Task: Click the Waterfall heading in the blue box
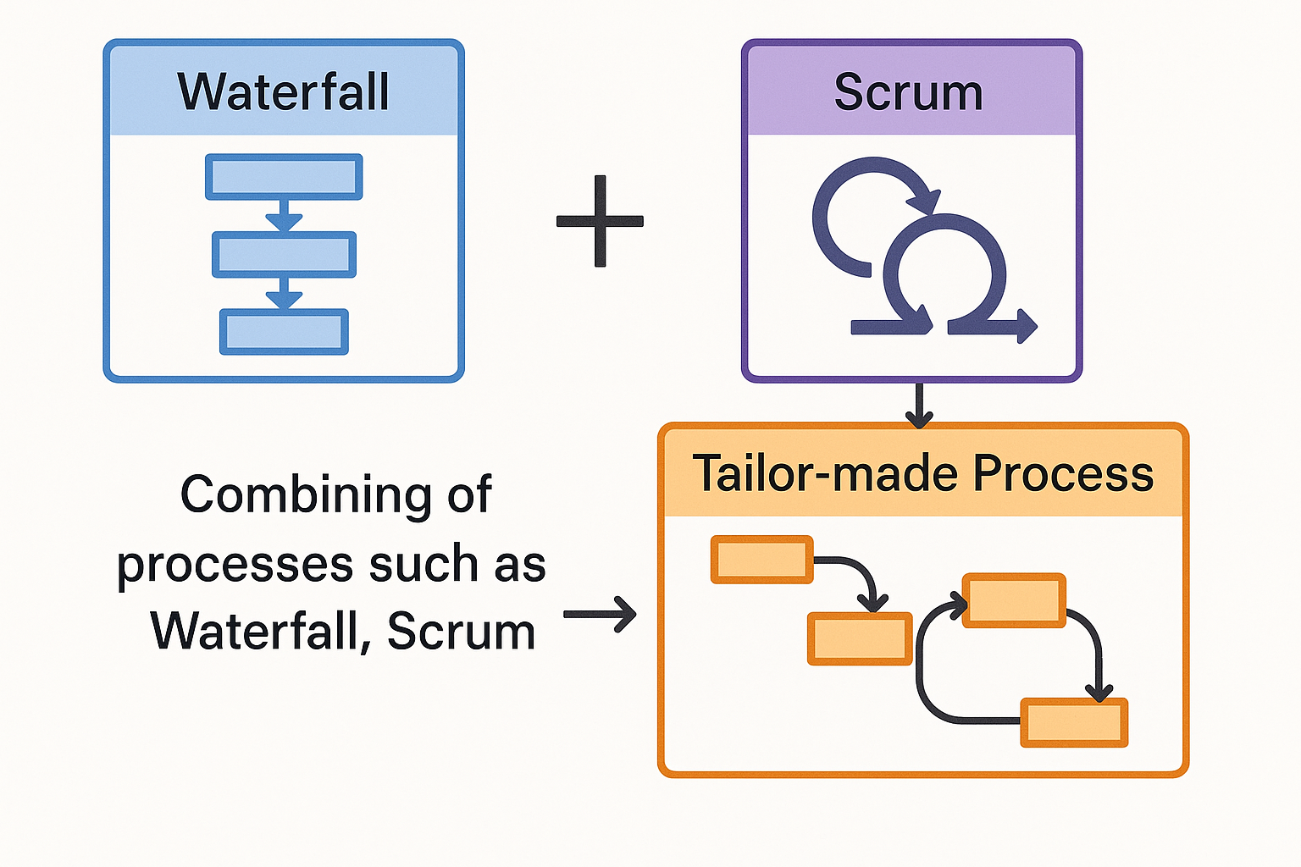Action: point(283,91)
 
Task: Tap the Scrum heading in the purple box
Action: point(908,91)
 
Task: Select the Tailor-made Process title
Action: point(922,472)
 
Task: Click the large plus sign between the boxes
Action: point(600,221)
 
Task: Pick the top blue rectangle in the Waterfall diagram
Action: point(284,177)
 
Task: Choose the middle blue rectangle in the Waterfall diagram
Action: point(284,254)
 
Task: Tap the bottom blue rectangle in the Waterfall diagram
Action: point(284,331)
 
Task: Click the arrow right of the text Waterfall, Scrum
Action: point(601,615)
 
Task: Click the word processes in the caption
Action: point(235,565)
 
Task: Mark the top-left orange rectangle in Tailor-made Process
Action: point(761,560)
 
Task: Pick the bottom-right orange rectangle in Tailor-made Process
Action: point(1074,722)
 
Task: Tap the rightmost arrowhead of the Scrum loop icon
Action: point(1027,326)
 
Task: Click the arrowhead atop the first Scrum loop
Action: point(925,202)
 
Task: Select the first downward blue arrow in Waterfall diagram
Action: point(284,216)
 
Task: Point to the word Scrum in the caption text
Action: point(461,632)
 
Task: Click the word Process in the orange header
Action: point(1063,472)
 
